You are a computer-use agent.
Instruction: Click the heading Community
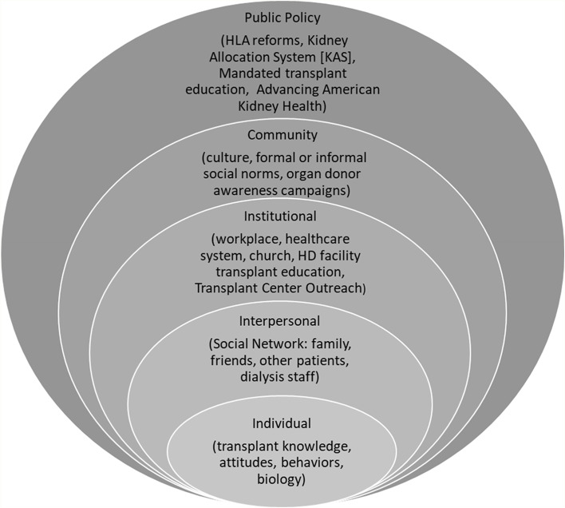[x=282, y=135]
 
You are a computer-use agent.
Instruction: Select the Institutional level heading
[x=282, y=216]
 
